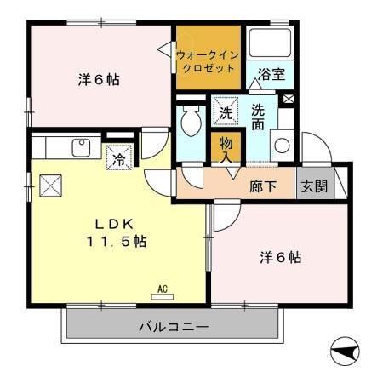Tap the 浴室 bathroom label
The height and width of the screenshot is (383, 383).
point(271,75)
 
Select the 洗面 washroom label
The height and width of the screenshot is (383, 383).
point(258,117)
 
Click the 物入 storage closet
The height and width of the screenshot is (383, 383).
point(226,150)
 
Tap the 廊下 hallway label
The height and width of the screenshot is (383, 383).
point(262,186)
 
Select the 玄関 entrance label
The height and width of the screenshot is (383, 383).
point(312,186)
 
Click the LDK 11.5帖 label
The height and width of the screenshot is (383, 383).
point(116,232)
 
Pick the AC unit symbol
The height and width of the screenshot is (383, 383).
point(161,292)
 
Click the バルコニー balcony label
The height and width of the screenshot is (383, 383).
point(174,327)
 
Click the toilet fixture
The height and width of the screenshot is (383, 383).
point(190,124)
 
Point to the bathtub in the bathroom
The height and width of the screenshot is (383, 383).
point(270,44)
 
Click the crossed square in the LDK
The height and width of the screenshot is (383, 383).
point(49,185)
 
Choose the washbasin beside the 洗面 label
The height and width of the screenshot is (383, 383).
point(281,145)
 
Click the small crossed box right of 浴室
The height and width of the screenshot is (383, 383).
point(289,100)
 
